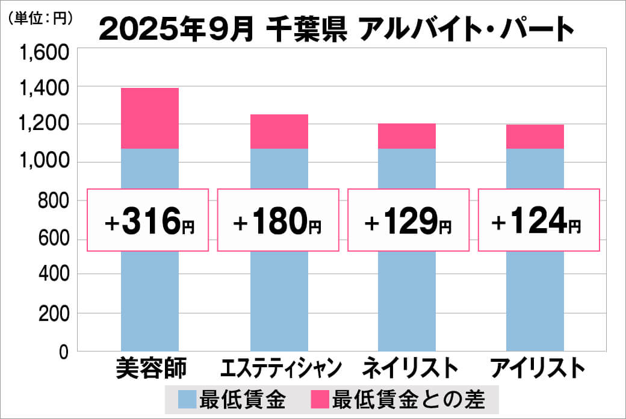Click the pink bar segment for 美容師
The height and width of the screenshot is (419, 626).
[150, 118]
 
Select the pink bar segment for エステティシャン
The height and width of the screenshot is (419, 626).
[279, 131]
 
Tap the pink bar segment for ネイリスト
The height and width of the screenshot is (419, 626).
[407, 136]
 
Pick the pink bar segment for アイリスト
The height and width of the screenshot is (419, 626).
[535, 137]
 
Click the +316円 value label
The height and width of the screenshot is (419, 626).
[148, 220]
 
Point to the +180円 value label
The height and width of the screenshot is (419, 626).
[277, 220]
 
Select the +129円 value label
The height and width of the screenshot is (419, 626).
[408, 220]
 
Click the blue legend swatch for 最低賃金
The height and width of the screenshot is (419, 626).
[187, 399]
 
